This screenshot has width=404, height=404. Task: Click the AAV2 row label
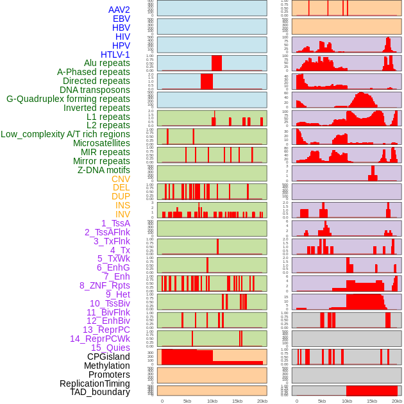[119, 10]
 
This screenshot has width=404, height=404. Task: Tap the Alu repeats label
[106, 63]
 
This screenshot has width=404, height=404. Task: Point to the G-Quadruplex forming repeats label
[68, 99]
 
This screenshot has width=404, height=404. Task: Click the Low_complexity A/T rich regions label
[65, 134]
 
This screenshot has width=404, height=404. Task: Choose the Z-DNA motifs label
[104, 170]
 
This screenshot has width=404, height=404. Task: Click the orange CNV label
[121, 179]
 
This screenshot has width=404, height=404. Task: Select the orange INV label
[122, 214]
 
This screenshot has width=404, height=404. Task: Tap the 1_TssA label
[115, 223]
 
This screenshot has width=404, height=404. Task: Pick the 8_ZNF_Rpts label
[105, 285]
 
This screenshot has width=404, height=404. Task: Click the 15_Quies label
[110, 348]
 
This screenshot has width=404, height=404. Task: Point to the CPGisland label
[108, 357]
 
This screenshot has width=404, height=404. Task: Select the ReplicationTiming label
[94, 383]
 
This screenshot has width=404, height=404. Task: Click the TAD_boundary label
[99, 392]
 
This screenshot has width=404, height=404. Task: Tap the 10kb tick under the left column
[212, 401]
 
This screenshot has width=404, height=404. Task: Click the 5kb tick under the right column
[321, 401]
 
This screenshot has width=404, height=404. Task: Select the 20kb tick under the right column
[397, 401]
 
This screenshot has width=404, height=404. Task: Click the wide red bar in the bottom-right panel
[371, 391]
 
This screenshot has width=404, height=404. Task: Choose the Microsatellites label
[101, 143]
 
